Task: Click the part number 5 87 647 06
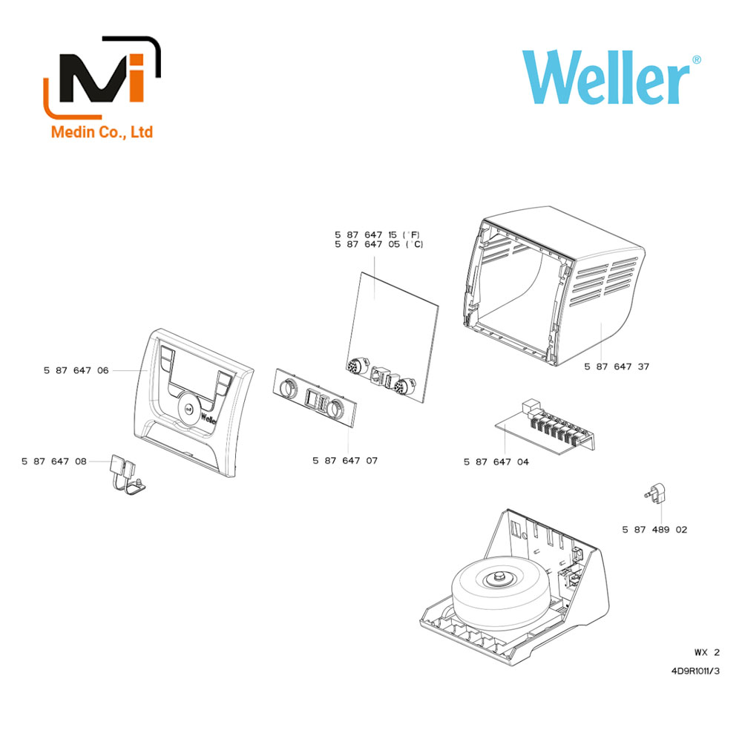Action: [x=76, y=370]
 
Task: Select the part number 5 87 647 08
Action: [x=54, y=462]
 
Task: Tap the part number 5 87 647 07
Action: [x=345, y=461]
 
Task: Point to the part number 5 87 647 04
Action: [x=496, y=462]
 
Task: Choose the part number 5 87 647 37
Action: [x=617, y=367]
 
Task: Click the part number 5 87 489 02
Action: [x=654, y=530]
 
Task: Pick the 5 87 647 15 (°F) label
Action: [x=378, y=234]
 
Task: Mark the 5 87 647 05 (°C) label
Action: [x=378, y=244]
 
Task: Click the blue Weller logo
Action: [x=611, y=78]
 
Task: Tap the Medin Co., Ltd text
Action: [x=102, y=131]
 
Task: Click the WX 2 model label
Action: [x=707, y=652]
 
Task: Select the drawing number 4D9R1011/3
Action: [x=695, y=671]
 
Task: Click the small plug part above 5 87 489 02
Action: [x=656, y=493]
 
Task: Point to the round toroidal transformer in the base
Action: [x=501, y=592]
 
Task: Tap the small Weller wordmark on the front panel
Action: [x=209, y=418]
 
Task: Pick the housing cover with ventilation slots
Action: [x=554, y=286]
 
